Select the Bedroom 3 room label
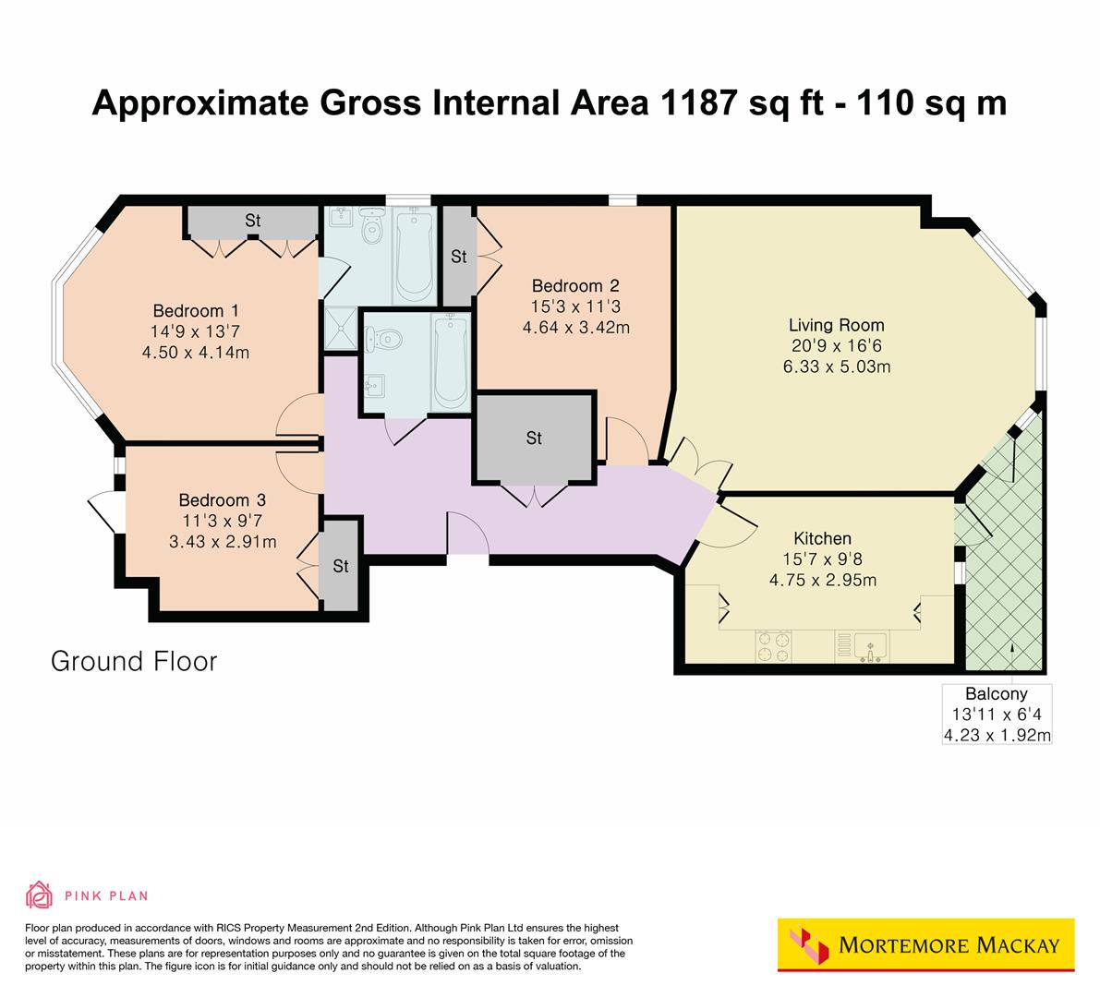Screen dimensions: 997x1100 223,500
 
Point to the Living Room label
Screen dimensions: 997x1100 836,325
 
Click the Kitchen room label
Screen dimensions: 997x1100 822,538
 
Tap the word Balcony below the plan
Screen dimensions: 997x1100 996,694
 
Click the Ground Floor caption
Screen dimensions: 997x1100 134,661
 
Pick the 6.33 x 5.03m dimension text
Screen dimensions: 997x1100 836,366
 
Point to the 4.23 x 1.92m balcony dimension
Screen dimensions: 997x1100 996,735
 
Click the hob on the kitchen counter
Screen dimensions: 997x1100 773,645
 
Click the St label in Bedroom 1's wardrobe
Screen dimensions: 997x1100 253,222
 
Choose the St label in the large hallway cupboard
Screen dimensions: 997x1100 534,438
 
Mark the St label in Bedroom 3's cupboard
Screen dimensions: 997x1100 341,566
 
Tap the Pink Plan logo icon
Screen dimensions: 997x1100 40,895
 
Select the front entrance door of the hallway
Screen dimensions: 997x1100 468,535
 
